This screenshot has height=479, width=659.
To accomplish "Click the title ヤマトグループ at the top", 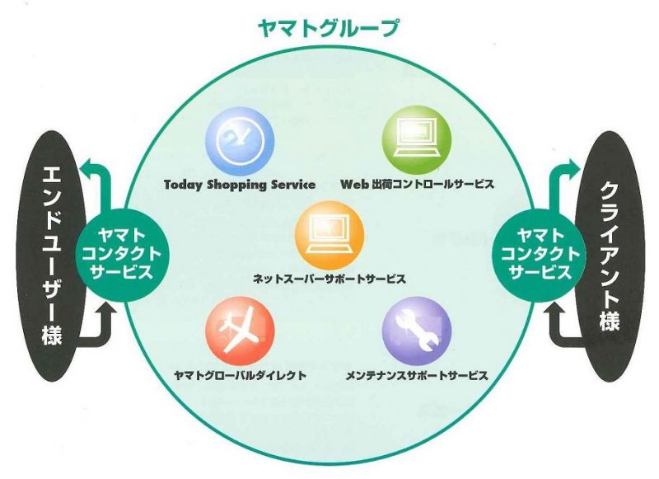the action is coord(328,29).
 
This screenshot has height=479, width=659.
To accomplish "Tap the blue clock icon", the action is coord(240,140).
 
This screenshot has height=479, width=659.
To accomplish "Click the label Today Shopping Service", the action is coord(240,185).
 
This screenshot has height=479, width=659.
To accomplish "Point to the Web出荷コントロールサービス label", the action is coord(417,184).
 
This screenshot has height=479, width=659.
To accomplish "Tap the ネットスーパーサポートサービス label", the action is coord(329,279).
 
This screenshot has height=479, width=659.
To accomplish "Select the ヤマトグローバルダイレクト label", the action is coord(240,375).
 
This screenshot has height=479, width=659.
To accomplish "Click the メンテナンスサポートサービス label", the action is coord(417,375).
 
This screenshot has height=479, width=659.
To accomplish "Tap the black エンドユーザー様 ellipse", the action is coord(52,256).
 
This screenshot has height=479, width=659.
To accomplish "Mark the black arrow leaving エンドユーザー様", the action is coord(100,332).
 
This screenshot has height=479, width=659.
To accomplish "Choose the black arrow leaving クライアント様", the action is coord(559,332).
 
